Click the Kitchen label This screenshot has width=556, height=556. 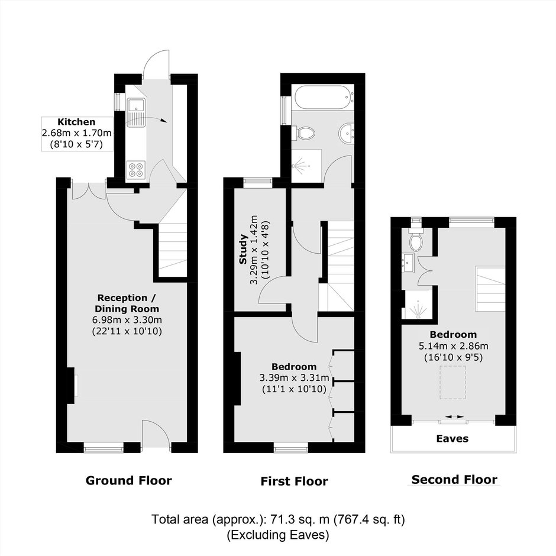pyautogui.click(x=76, y=122)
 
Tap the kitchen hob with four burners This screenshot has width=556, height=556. pyautogui.click(x=136, y=169)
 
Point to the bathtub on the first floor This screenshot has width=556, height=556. pyautogui.click(x=323, y=97)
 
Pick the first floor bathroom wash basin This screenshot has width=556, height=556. pyautogui.click(x=347, y=133)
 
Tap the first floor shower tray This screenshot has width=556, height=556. pyautogui.click(x=306, y=166)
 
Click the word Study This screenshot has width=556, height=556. pyautogui.click(x=243, y=249)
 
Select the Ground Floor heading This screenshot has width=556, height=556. pyautogui.click(x=129, y=480)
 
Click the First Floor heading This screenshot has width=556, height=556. pyautogui.click(x=295, y=481)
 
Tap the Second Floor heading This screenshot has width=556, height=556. pyautogui.click(x=454, y=480)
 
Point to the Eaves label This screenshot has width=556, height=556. pyautogui.click(x=452, y=439)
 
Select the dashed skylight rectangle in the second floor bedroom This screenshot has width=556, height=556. pyautogui.click(x=453, y=383)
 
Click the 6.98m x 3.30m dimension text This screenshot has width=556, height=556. pyautogui.click(x=127, y=320)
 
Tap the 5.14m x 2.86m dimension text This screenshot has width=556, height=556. pyautogui.click(x=454, y=346)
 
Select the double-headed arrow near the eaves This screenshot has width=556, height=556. pyautogui.click(x=455, y=417)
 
